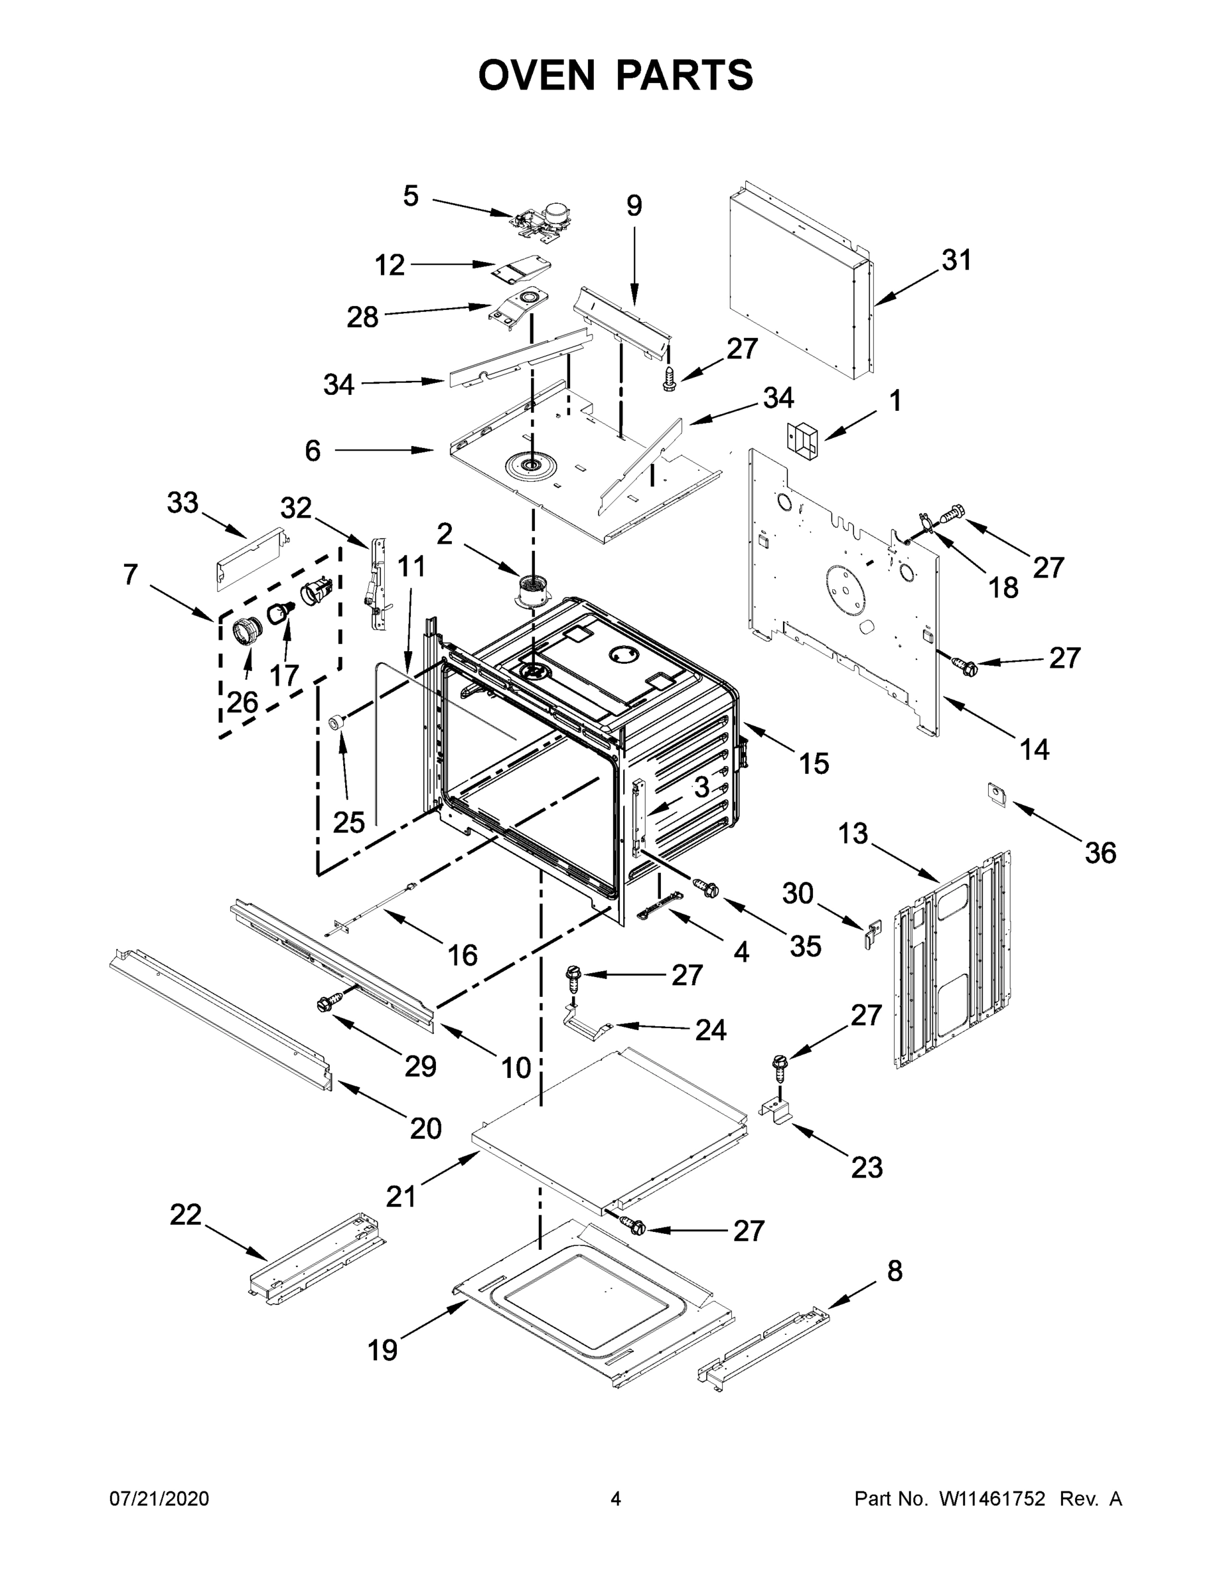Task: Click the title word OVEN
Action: click(x=537, y=74)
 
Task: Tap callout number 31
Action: click(x=957, y=260)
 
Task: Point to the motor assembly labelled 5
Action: click(x=543, y=219)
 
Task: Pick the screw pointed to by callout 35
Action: click(x=706, y=887)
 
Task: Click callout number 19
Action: click(x=382, y=1350)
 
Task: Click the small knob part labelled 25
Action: click(x=337, y=722)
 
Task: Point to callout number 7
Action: click(x=131, y=575)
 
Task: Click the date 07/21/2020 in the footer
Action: click(x=159, y=1499)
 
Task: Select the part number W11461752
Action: click(x=992, y=1499)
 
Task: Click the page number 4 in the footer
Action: click(x=616, y=1499)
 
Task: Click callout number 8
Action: click(x=895, y=1270)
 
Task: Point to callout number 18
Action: click(x=1003, y=587)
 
